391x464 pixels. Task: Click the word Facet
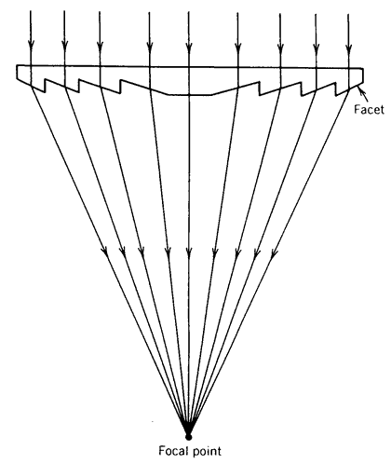tap(369, 109)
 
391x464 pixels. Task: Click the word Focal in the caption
tap(173, 450)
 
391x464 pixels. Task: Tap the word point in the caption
tap(207, 451)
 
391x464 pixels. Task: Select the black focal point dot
tap(188, 437)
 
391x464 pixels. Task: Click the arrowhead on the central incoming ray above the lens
tap(188, 46)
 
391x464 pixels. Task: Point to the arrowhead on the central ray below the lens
tap(189, 252)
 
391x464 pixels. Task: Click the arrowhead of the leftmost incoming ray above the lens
tap(31, 44)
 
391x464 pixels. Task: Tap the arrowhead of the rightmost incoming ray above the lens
tap(349, 48)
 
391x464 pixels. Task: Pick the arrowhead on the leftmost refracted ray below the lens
tap(106, 252)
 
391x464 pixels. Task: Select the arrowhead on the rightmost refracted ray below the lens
tap(274, 253)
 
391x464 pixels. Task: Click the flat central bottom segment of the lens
tap(190, 94)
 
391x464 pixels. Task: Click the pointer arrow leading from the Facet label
tap(363, 94)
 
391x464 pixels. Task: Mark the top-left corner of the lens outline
tap(17, 65)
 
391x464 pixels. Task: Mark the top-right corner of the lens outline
tap(363, 68)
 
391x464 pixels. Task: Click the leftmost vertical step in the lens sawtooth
tap(46, 86)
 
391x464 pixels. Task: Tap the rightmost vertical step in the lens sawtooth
tap(336, 89)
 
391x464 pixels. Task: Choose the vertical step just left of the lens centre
tap(121, 87)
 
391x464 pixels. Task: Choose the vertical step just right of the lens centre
tap(259, 88)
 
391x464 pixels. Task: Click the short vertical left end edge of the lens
tap(17, 72)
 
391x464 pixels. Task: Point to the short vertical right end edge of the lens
tap(363, 75)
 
